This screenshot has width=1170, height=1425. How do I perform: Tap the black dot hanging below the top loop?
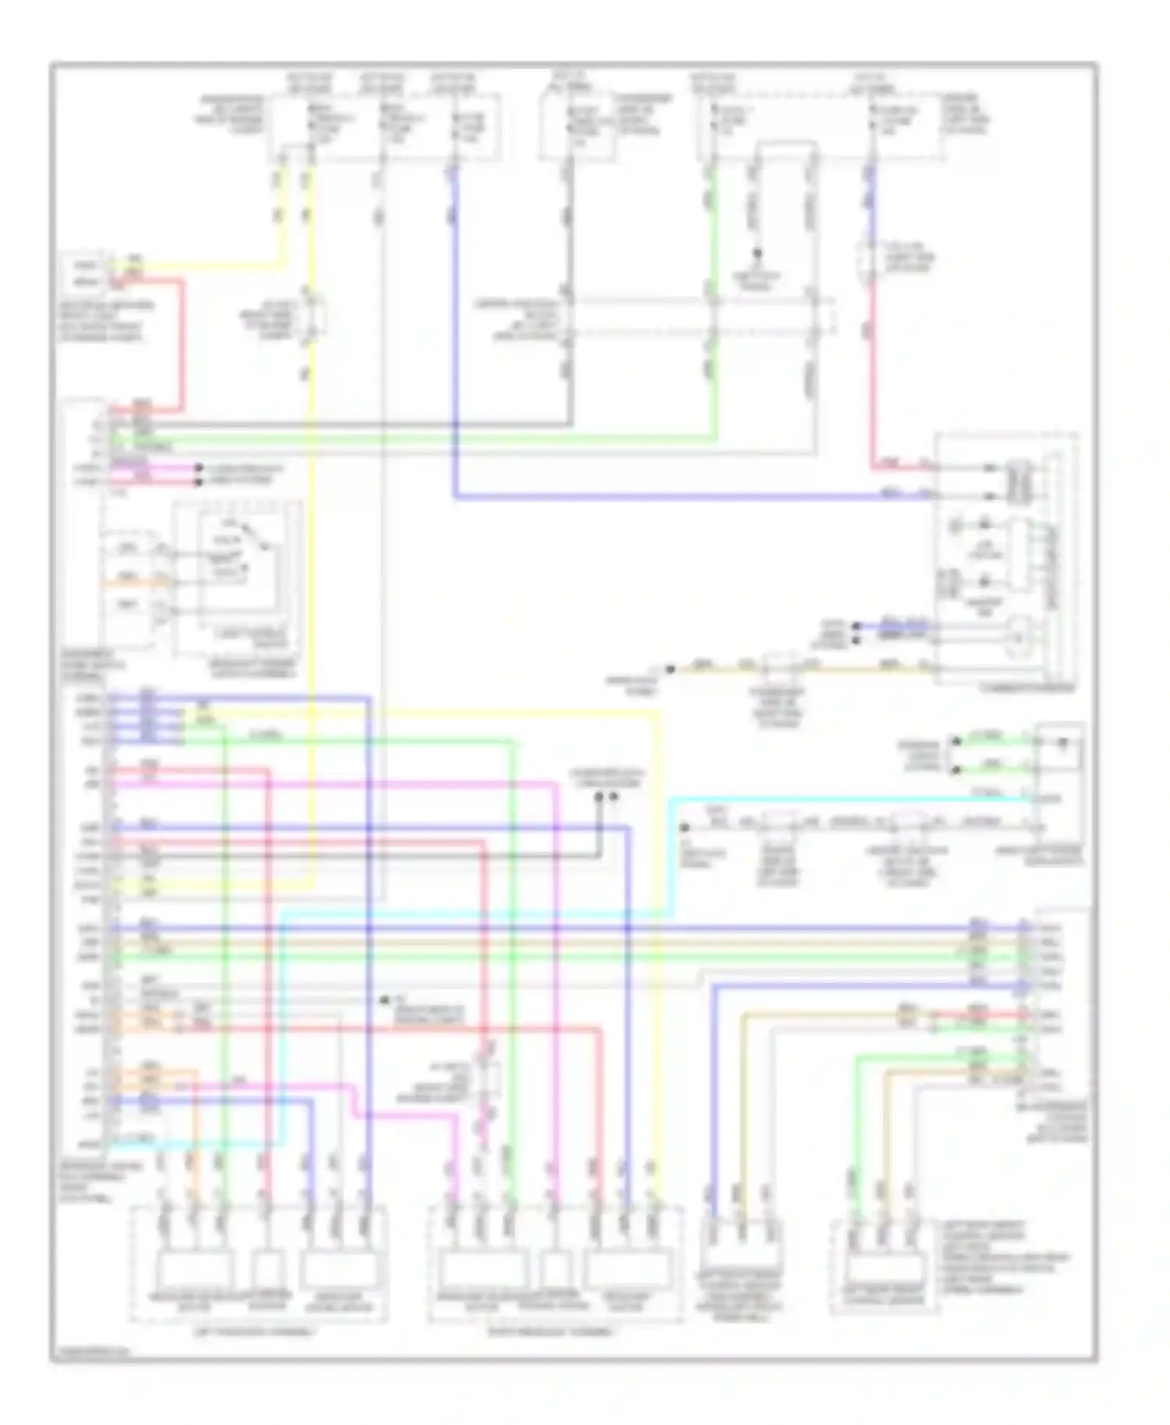pyautogui.click(x=756, y=253)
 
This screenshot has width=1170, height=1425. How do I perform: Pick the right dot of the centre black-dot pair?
pyautogui.click(x=614, y=796)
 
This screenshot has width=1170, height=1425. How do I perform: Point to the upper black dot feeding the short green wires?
pyautogui.click(x=955, y=740)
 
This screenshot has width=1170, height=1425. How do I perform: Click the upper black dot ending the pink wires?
pyautogui.click(x=198, y=469)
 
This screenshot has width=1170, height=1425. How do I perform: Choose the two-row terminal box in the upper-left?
pyautogui.click(x=83, y=272)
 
